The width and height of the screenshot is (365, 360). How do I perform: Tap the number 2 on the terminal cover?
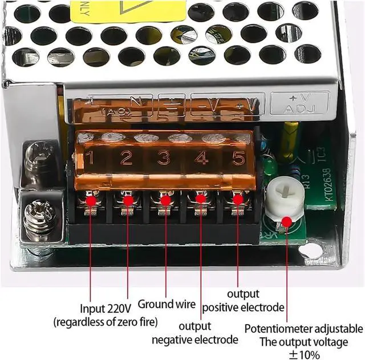coord(127,157)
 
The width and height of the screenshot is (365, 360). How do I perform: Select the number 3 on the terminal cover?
coord(164,157)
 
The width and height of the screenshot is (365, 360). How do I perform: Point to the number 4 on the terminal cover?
coord(201,157)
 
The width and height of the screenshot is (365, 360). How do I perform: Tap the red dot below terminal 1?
coord(91,200)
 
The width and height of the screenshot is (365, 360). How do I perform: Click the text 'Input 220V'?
coord(106,308)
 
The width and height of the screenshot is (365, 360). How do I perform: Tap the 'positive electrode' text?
coord(244,308)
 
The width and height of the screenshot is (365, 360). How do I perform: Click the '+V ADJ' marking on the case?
coord(300,103)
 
